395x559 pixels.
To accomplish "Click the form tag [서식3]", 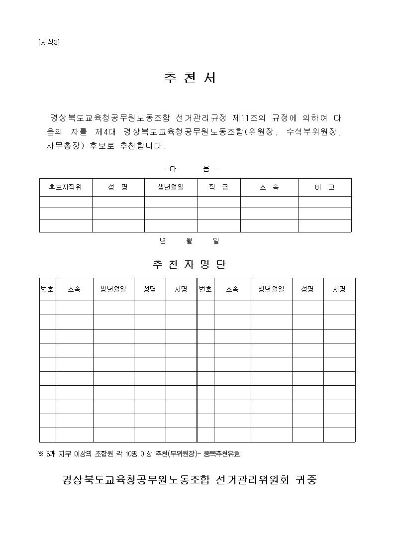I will [49, 42].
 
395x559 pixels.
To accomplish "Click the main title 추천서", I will [190, 78].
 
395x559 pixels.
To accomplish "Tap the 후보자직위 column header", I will [65, 187].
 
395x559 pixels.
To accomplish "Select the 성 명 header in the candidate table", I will [118, 187].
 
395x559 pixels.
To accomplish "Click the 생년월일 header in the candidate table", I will [171, 187].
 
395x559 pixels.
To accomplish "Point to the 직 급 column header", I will [218, 187].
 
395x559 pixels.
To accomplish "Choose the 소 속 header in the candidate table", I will [269, 187].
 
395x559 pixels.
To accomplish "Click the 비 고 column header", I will [325, 187].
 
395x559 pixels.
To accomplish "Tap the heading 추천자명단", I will [190, 264].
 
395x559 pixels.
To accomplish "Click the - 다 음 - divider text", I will [190, 169].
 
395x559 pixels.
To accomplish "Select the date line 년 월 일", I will [190, 241].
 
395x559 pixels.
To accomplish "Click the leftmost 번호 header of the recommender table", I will [47, 289].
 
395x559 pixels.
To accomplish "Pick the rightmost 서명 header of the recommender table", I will [339, 289].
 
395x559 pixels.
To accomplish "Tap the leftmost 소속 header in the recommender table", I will [74, 289].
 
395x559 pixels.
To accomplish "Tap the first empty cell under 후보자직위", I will [65, 202].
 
